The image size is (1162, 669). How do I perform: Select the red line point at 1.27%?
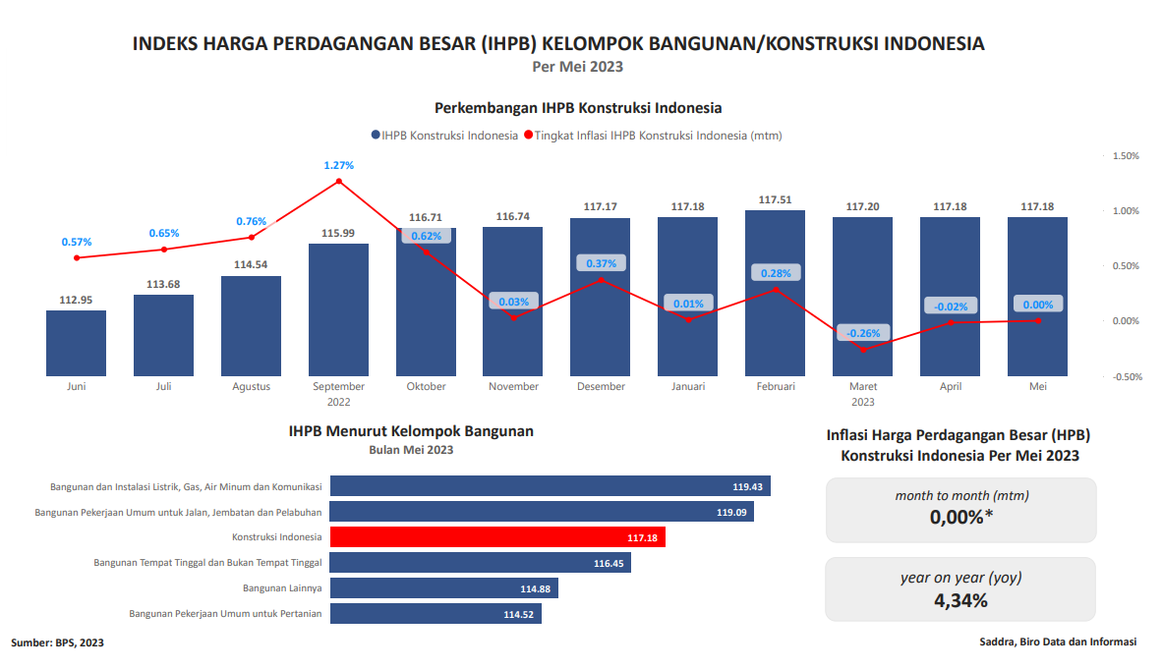pos(339,181)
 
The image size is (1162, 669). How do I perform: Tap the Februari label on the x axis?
pos(776,386)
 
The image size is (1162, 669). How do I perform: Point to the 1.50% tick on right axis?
pos(1125,156)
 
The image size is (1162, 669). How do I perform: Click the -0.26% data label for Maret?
pos(863,332)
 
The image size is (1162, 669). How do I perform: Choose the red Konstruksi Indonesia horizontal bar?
pos(497,537)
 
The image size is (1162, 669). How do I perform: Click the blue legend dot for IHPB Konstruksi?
pos(376,136)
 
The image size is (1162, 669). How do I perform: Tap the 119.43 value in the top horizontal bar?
pos(748,486)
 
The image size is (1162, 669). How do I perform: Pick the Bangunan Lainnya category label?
pos(282,588)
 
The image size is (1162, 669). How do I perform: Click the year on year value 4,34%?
pos(959,600)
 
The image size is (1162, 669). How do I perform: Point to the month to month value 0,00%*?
pos(960,518)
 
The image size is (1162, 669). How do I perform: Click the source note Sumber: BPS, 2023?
pos(57,642)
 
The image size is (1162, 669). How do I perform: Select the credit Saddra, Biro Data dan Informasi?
pos(1058,641)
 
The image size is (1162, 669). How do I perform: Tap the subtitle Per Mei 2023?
pos(578,67)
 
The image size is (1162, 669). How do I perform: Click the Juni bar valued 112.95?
pos(76,343)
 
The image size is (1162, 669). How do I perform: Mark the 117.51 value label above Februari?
pos(776,199)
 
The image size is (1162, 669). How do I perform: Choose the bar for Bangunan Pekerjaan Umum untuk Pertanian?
pos(436,614)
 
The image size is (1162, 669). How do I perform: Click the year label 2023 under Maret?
pos(862,402)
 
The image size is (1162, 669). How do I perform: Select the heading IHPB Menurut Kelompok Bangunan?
pos(411,431)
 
